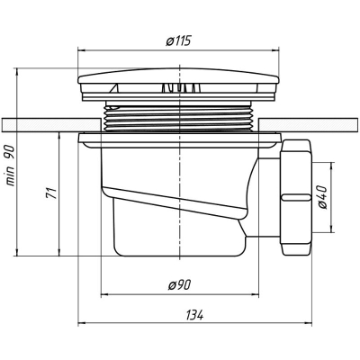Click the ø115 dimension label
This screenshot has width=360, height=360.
[x=178, y=40]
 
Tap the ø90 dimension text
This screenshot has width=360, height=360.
[x=179, y=285]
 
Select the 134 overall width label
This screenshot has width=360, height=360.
[x=194, y=315]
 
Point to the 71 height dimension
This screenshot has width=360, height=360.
[x=51, y=193]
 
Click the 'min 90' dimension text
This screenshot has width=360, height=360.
[x=10, y=166]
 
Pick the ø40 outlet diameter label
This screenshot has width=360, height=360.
[x=321, y=197]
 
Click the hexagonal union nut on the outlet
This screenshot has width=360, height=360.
[x=295, y=198]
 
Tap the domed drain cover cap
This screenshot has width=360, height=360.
[x=178, y=76]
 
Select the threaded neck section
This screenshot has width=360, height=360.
[x=179, y=117]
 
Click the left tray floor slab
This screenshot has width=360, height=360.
[x=51, y=125]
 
